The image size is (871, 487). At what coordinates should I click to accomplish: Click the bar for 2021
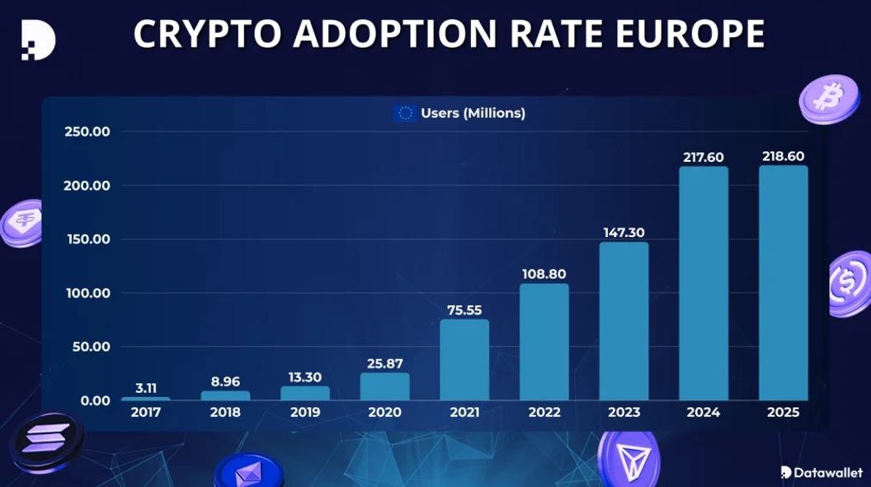pyautogui.click(x=464, y=360)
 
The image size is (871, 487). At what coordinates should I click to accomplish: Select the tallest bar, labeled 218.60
pyautogui.click(x=784, y=283)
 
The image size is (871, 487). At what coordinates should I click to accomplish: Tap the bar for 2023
pyautogui.click(x=624, y=321)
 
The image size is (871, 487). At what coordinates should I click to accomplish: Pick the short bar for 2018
pyautogui.click(x=225, y=395)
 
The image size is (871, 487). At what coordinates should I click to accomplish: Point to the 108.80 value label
pyautogui.click(x=544, y=273)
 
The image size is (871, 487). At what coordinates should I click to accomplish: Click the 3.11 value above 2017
pyautogui.click(x=145, y=386)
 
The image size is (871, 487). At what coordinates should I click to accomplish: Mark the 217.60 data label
pyautogui.click(x=704, y=157)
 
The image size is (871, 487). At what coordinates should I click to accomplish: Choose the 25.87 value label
pyautogui.click(x=384, y=362)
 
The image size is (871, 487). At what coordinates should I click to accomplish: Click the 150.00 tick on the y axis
pyautogui.click(x=87, y=239)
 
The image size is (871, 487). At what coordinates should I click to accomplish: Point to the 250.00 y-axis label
pyautogui.click(x=87, y=132)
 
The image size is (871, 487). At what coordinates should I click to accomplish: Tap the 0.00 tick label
pyautogui.click(x=92, y=400)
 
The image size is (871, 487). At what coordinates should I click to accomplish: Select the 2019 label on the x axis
pyautogui.click(x=305, y=413)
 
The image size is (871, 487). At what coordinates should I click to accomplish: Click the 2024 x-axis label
pyautogui.click(x=704, y=413)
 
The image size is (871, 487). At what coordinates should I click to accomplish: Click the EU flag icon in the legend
pyautogui.click(x=405, y=113)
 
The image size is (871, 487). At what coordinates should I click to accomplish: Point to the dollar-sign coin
pyautogui.click(x=850, y=284)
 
